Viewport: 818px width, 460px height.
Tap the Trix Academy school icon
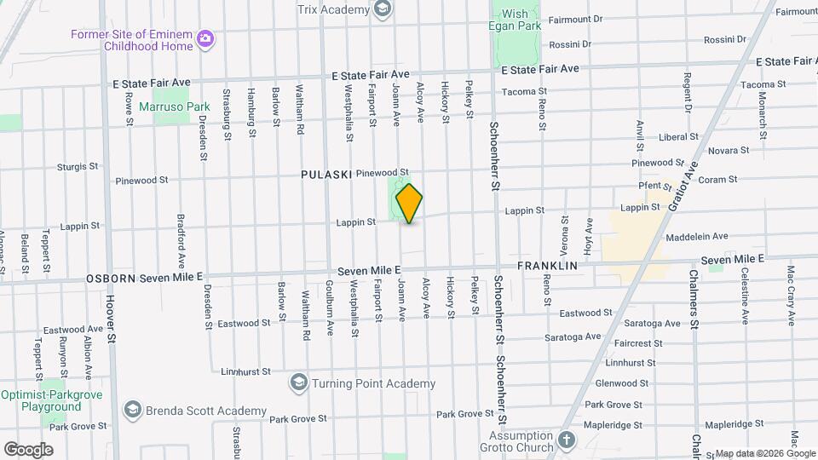coord(383,9)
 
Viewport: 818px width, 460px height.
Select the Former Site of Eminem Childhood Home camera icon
coord(204,37)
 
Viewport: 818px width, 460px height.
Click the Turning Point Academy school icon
coord(298,382)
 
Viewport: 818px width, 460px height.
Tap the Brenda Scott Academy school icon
coord(132,411)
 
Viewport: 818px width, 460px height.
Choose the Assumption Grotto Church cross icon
coord(566,441)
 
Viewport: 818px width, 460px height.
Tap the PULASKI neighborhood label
coord(326,174)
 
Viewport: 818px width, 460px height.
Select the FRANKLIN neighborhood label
coord(548,266)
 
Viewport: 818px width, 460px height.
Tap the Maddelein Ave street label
coord(698,236)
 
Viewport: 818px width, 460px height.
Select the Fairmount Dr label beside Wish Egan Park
coord(575,18)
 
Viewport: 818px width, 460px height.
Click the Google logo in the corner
coord(28,449)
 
